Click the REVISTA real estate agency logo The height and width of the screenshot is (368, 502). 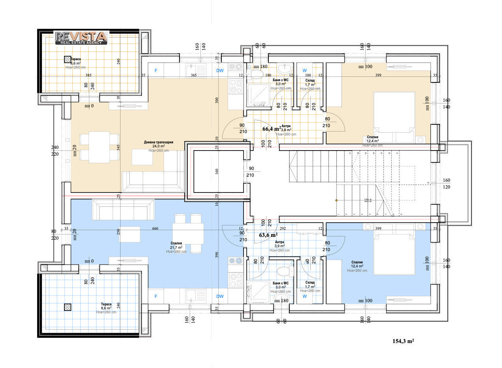pyautogui.click(x=81, y=38)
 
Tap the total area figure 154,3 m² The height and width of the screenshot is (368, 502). pyautogui.click(x=403, y=341)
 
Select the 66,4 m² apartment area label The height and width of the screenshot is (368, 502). pyautogui.click(x=272, y=129)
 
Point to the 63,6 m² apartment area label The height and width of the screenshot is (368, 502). pyautogui.click(x=268, y=235)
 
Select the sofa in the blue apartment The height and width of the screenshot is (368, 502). pyautogui.click(x=123, y=209)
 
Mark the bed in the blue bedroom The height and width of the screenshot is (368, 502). pyautogui.click(x=394, y=254)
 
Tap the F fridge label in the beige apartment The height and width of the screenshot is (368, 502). pyautogui.click(x=156, y=71)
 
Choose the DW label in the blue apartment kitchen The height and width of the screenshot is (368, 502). pyautogui.click(x=220, y=296)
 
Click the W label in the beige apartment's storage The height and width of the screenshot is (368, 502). pyautogui.click(x=304, y=71)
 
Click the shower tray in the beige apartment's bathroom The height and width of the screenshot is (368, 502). pyautogui.click(x=257, y=95)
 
